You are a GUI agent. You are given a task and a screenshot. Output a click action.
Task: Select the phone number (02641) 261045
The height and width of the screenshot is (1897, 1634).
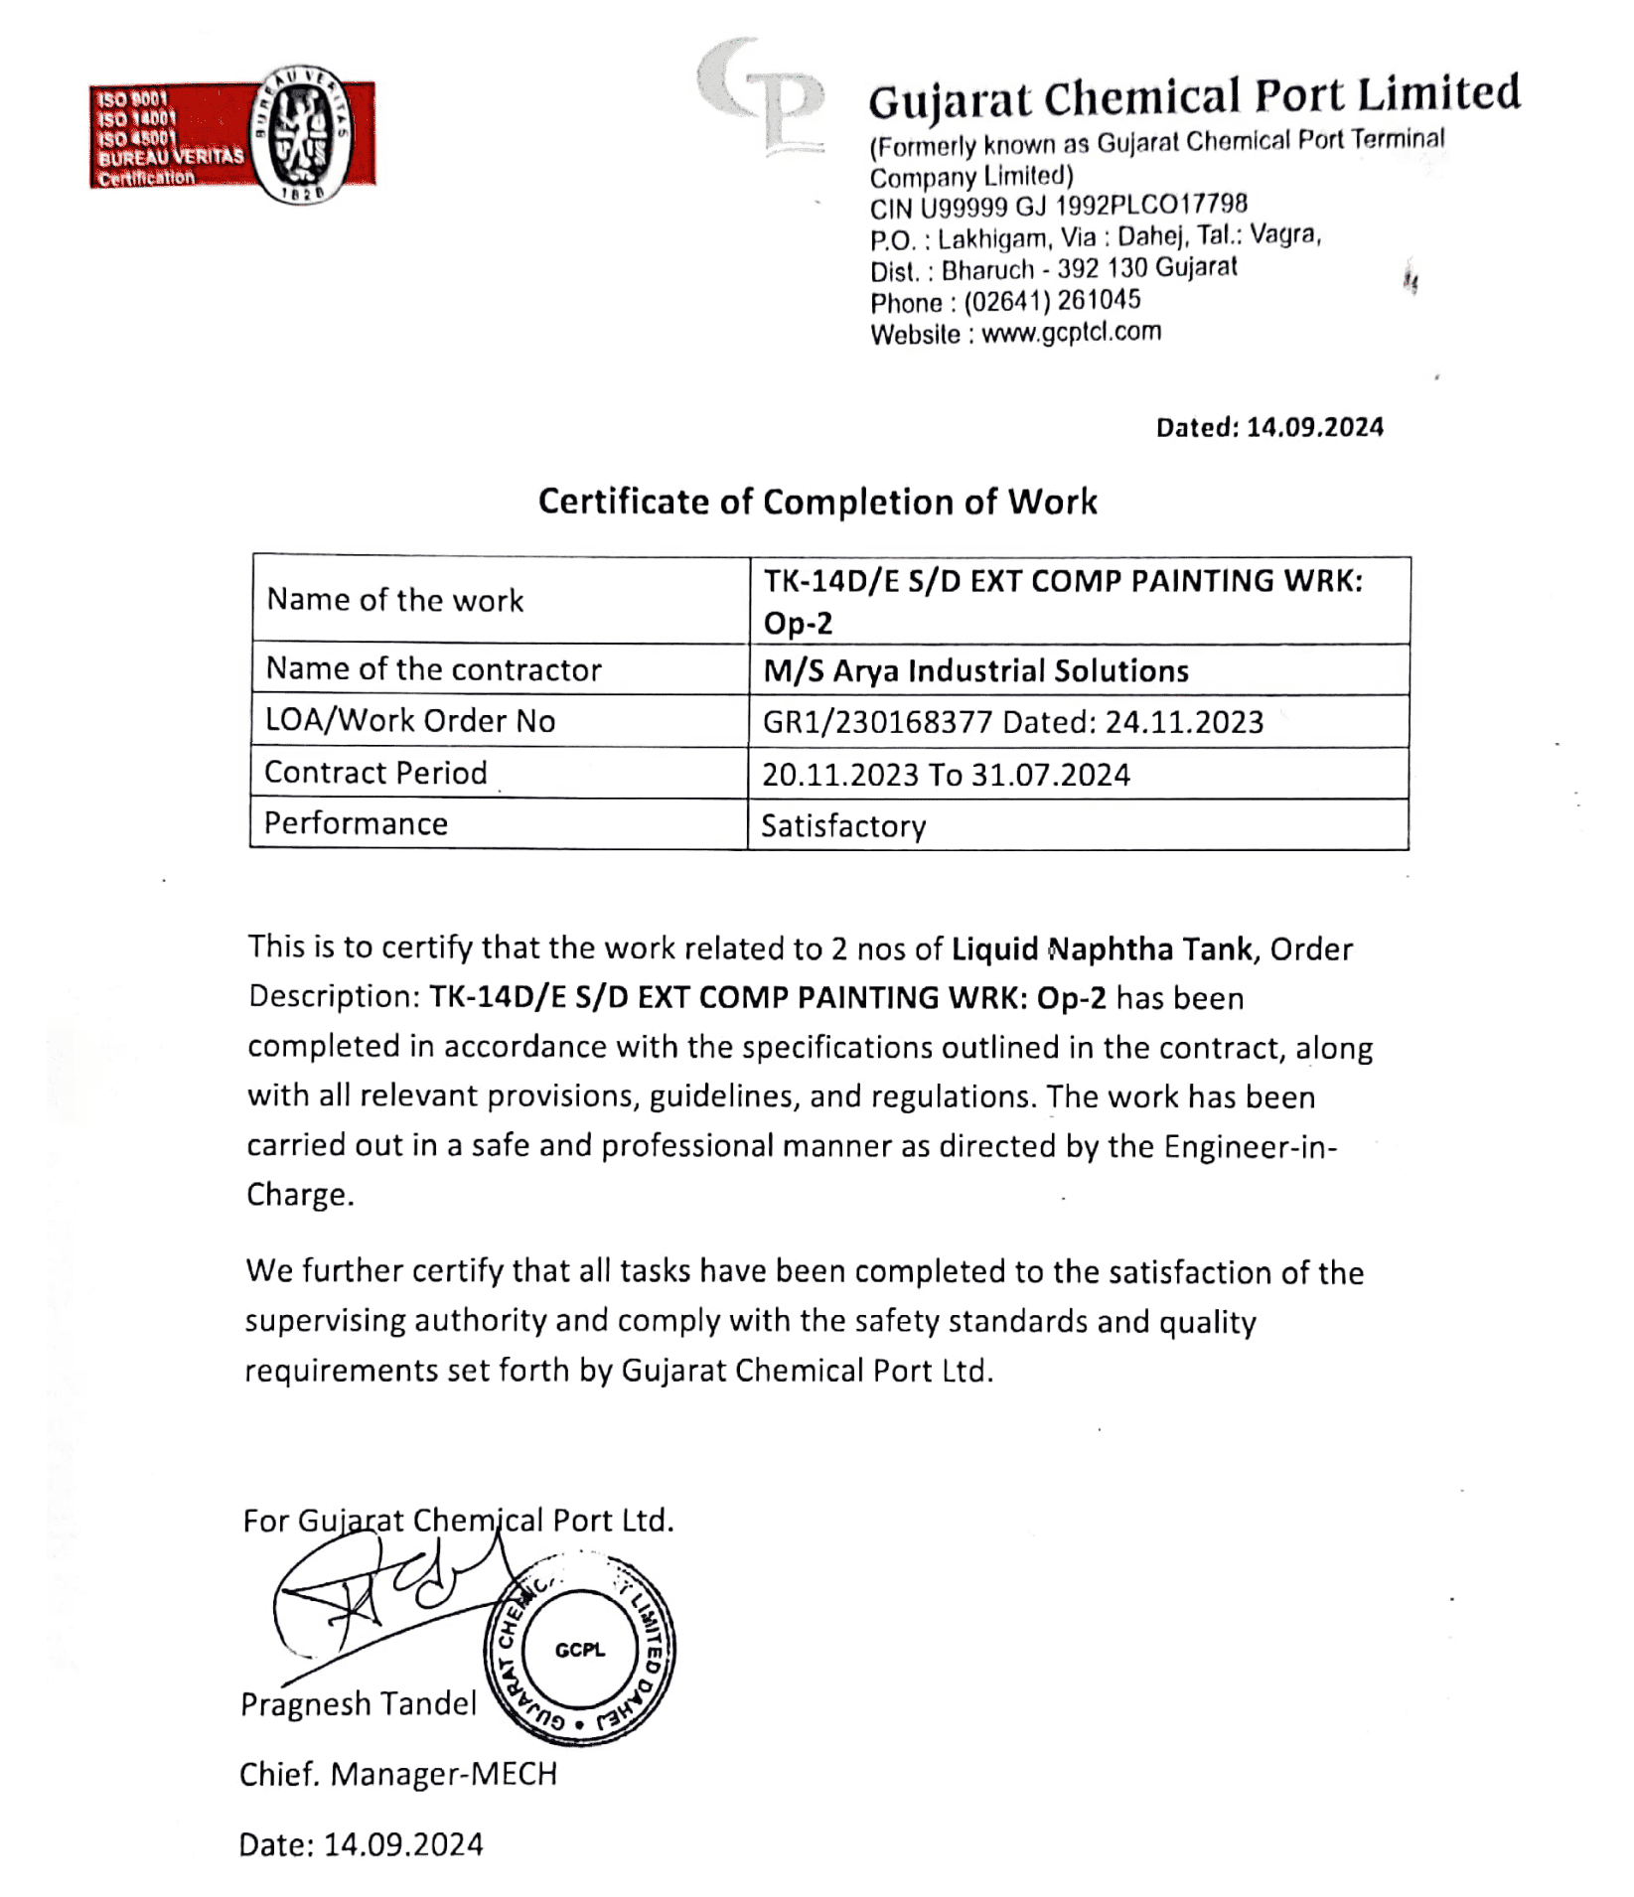[1052, 301]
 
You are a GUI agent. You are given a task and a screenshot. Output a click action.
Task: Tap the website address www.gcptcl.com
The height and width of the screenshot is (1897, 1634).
[1071, 333]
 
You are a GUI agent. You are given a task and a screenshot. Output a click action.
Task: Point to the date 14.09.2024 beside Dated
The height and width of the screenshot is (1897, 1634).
[1314, 428]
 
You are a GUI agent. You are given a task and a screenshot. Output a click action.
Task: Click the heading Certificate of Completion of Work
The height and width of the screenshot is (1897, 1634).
[817, 502]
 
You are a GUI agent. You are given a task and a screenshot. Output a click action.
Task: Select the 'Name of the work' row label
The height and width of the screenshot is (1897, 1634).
[394, 600]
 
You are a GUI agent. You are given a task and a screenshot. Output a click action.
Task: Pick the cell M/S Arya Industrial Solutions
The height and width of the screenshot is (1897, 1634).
[975, 671]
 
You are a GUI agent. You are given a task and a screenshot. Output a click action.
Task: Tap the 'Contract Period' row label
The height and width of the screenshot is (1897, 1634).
[375, 773]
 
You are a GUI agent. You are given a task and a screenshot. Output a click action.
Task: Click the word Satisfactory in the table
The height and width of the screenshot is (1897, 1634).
[843, 826]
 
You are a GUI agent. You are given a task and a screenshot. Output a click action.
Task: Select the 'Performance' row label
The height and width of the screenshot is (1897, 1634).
[356, 823]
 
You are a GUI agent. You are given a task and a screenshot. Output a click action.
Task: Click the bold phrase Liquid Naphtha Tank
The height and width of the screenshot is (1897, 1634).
[1102, 949]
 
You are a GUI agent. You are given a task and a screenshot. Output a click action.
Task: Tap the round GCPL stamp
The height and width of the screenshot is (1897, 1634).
[580, 1651]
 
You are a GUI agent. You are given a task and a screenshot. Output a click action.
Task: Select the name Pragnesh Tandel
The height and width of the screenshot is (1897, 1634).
[359, 1704]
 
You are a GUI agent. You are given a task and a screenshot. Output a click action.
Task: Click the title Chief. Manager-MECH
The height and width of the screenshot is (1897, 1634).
[398, 1774]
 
